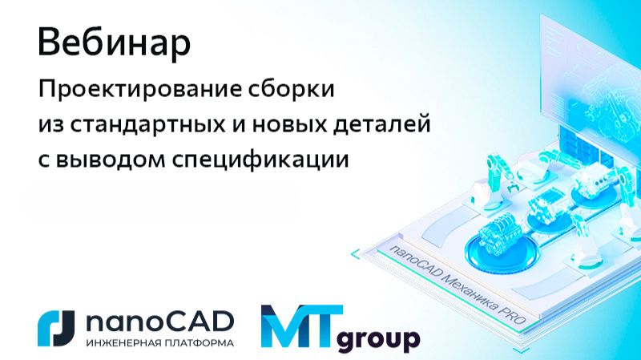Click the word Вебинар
tap(114, 42)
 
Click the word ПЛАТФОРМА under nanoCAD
tap(198, 343)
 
